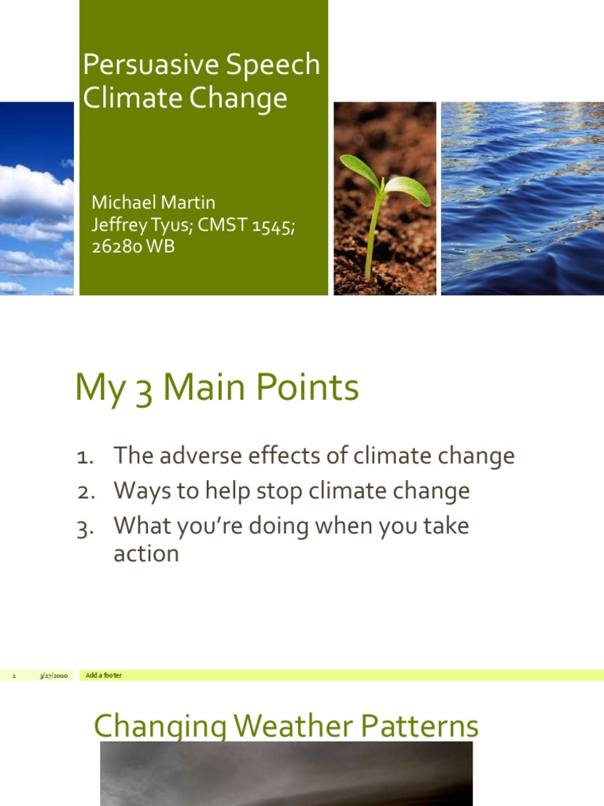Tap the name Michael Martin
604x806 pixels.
point(153,203)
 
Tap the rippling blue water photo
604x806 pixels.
point(522,198)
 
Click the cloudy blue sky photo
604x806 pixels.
point(36,198)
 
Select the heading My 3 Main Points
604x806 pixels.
point(217,389)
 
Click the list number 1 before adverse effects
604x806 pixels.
point(84,457)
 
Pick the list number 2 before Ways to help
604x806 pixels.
point(85,492)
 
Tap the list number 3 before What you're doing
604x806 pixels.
point(85,527)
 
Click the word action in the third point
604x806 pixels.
point(146,554)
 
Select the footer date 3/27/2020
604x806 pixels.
point(54,676)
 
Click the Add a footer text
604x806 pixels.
point(104,676)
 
